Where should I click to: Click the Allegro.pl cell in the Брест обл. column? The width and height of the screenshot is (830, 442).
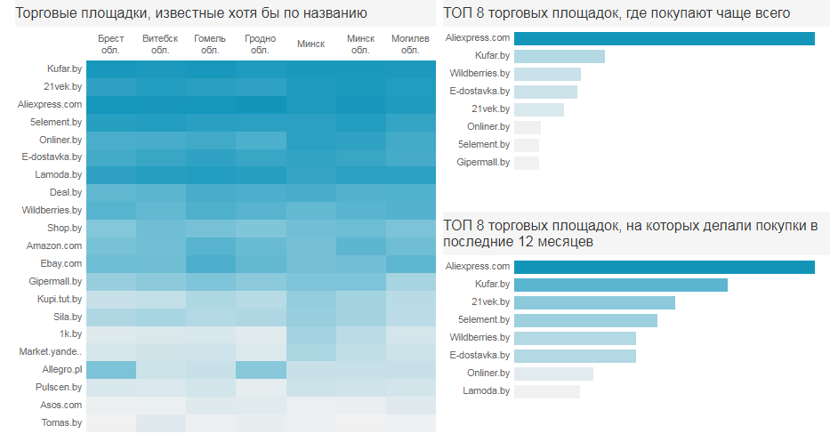(111, 370)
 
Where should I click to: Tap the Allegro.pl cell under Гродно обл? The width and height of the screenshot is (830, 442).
(261, 370)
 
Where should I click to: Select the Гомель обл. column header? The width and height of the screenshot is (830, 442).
(211, 44)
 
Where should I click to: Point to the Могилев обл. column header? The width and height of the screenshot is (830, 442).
(410, 44)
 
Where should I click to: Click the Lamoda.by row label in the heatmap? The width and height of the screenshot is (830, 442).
(58, 174)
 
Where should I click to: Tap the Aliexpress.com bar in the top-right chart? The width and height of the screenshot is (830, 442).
(664, 38)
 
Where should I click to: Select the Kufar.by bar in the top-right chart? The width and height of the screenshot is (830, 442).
(559, 56)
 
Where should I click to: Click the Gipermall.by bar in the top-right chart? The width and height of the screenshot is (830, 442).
(527, 163)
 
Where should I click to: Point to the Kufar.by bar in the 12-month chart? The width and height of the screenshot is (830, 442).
(620, 285)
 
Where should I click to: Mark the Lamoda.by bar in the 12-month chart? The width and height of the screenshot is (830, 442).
(546, 391)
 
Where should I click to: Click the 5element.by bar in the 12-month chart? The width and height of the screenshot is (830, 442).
(585, 320)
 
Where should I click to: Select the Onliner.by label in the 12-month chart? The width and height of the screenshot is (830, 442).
(488, 374)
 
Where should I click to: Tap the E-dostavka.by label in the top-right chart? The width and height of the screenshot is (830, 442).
(479, 91)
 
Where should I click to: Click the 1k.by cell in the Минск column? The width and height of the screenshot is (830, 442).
(310, 334)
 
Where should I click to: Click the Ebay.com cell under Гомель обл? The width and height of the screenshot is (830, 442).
(211, 263)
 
